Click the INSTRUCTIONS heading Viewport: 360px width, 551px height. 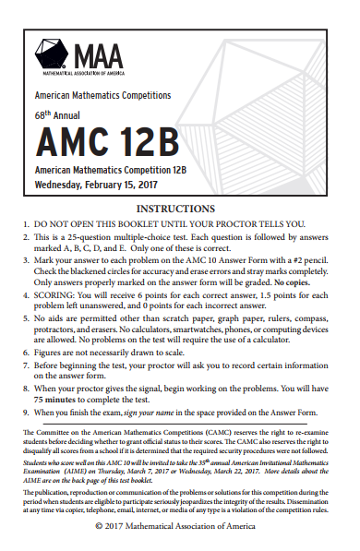pyautogui.click(x=181, y=209)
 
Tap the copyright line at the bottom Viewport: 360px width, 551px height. pyautogui.click(x=180, y=525)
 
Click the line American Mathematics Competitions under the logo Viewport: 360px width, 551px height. pyautogui.click(x=102, y=95)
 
